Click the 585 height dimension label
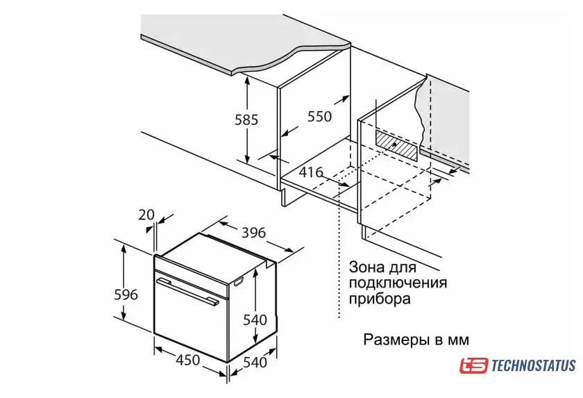246,119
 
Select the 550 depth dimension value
319,117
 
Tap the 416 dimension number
311,172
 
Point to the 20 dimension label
146,215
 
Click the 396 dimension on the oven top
253,233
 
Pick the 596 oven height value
126,295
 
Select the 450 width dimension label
188,360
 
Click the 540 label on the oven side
255,320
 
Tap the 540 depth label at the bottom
255,362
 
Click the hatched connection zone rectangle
396,146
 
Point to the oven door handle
187,292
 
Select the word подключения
398,283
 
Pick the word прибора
380,299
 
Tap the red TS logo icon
473,365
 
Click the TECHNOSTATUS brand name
534,365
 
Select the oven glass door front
190,320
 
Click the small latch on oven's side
238,283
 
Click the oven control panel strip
191,276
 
